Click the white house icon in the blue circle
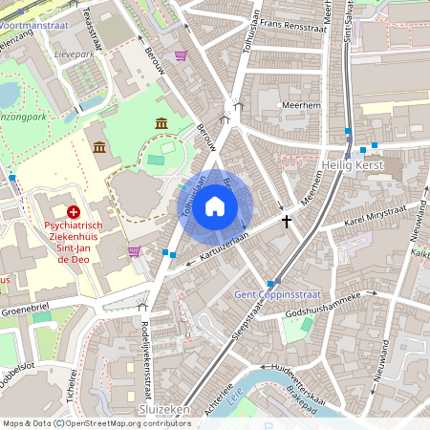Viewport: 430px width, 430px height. [x=215, y=205]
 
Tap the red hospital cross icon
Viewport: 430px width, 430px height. [x=74, y=209]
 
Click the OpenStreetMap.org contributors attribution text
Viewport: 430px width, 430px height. [x=121, y=422]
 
